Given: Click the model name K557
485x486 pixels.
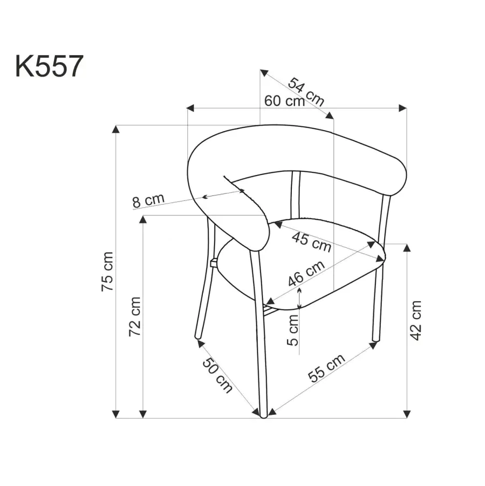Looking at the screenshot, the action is (x=49, y=66).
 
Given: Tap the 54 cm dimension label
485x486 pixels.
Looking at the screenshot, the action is (x=306, y=92).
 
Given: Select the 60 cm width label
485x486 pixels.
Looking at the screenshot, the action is (x=285, y=101).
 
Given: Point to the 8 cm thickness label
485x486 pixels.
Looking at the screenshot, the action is (x=148, y=200).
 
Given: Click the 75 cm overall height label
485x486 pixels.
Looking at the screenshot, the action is (x=107, y=272).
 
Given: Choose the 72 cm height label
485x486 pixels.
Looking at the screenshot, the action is (x=135, y=316).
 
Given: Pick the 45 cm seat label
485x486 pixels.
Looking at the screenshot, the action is (x=312, y=242).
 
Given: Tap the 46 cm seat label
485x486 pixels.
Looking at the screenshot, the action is (x=306, y=273).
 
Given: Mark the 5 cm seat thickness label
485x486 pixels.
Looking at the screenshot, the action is (x=292, y=330).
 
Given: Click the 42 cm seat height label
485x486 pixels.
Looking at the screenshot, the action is (x=415, y=320).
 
